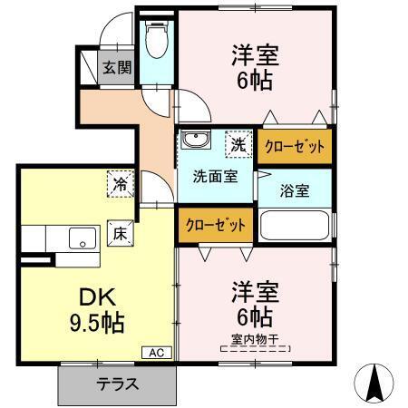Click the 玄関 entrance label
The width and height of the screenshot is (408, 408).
[x=115, y=66]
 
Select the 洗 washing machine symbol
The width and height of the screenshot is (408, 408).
[x=238, y=143]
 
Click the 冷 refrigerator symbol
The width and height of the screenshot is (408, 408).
[x=120, y=182]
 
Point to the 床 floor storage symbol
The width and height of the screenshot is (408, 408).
[x=119, y=232]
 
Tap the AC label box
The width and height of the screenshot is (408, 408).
[x=154, y=353]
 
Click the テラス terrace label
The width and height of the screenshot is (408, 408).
[x=118, y=384]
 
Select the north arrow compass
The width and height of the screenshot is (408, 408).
[x=375, y=383]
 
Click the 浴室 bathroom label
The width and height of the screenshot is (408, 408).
[x=294, y=191]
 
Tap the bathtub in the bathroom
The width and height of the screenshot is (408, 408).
[x=296, y=224]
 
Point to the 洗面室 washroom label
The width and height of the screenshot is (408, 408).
[x=215, y=176]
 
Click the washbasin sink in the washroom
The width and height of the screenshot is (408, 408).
[x=193, y=142]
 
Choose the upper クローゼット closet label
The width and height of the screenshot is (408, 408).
[x=294, y=145]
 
